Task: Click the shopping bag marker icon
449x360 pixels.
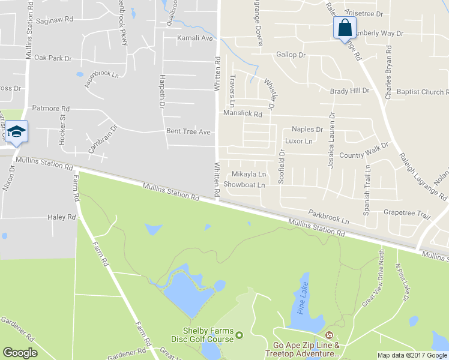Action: click(345, 28)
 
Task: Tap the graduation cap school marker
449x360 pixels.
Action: click(17, 131)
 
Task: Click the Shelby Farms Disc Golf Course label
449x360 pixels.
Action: click(208, 335)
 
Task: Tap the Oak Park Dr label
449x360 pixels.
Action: click(53, 58)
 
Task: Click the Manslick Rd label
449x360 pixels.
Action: click(243, 113)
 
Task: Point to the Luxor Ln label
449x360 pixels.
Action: click(299, 141)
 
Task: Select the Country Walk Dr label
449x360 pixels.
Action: click(364, 155)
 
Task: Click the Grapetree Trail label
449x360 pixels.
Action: click(407, 213)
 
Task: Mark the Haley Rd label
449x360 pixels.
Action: click(62, 217)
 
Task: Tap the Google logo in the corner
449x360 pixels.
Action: click(20, 352)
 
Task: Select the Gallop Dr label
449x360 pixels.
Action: click(291, 55)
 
